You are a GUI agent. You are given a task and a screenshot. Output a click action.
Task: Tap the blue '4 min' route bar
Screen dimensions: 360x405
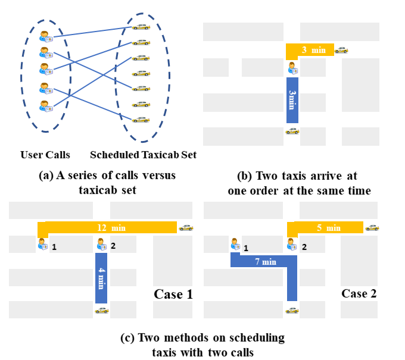point(101,278)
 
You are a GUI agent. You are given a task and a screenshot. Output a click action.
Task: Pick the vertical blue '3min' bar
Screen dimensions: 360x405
point(292,100)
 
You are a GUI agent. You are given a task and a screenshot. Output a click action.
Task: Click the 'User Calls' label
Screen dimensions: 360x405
point(45,155)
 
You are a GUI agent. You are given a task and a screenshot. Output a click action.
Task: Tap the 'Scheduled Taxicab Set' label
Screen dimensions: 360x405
point(143,155)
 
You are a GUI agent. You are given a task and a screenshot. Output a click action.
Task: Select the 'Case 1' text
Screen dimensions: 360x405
point(173,294)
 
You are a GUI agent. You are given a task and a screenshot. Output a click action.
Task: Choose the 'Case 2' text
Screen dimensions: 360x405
point(359,293)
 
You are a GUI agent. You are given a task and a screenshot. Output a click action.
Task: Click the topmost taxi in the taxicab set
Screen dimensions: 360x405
point(141,26)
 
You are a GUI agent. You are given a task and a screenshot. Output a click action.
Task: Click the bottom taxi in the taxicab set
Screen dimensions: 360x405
point(141,119)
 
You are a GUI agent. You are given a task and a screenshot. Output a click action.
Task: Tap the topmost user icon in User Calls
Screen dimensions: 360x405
point(46,36)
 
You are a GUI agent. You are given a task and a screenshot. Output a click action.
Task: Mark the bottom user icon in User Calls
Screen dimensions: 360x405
point(46,106)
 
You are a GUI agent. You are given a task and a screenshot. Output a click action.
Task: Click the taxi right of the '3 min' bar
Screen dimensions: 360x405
point(341,50)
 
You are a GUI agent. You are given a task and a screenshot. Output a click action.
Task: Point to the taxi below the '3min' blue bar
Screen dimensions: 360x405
point(292,131)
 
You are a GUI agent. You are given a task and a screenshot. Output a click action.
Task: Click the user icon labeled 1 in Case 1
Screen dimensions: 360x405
point(42,244)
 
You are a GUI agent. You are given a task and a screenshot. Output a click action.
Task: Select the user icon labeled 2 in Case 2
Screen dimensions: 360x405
point(291,244)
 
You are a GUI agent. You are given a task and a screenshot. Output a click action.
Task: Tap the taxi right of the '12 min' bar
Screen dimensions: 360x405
point(186,227)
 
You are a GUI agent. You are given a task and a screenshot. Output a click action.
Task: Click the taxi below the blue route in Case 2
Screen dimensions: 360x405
point(291,310)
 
